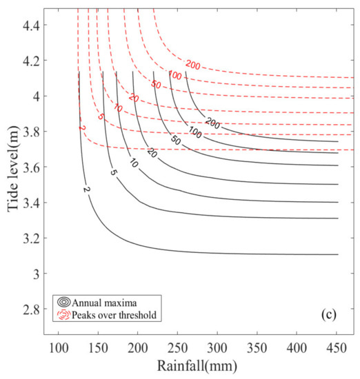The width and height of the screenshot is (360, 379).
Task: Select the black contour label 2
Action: click(87, 191)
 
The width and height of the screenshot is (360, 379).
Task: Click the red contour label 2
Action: click(82, 128)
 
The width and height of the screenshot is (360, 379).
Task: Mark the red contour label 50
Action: click(155, 84)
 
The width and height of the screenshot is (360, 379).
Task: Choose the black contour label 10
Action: click(132, 163)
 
